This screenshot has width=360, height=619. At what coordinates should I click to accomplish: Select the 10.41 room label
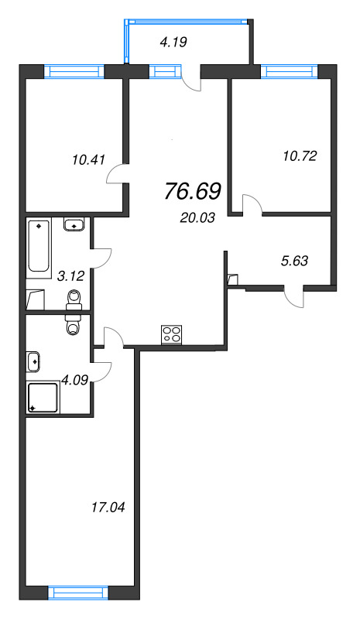86,162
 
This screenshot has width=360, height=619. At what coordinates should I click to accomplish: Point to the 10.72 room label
300,155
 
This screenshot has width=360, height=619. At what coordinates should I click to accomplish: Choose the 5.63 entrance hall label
294,260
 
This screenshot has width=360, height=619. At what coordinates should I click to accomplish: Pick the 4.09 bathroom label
75,379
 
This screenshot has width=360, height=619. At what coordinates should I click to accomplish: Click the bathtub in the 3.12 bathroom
38,247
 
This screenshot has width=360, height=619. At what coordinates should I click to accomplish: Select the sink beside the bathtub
74,225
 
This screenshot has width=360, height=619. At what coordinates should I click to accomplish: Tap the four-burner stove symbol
171,334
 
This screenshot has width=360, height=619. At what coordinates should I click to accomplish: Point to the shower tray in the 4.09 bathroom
43,398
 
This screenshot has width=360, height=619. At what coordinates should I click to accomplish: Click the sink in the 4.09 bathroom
33,361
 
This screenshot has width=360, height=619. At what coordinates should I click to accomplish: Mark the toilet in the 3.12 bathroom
74,297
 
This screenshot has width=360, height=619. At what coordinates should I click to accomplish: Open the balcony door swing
190,80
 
